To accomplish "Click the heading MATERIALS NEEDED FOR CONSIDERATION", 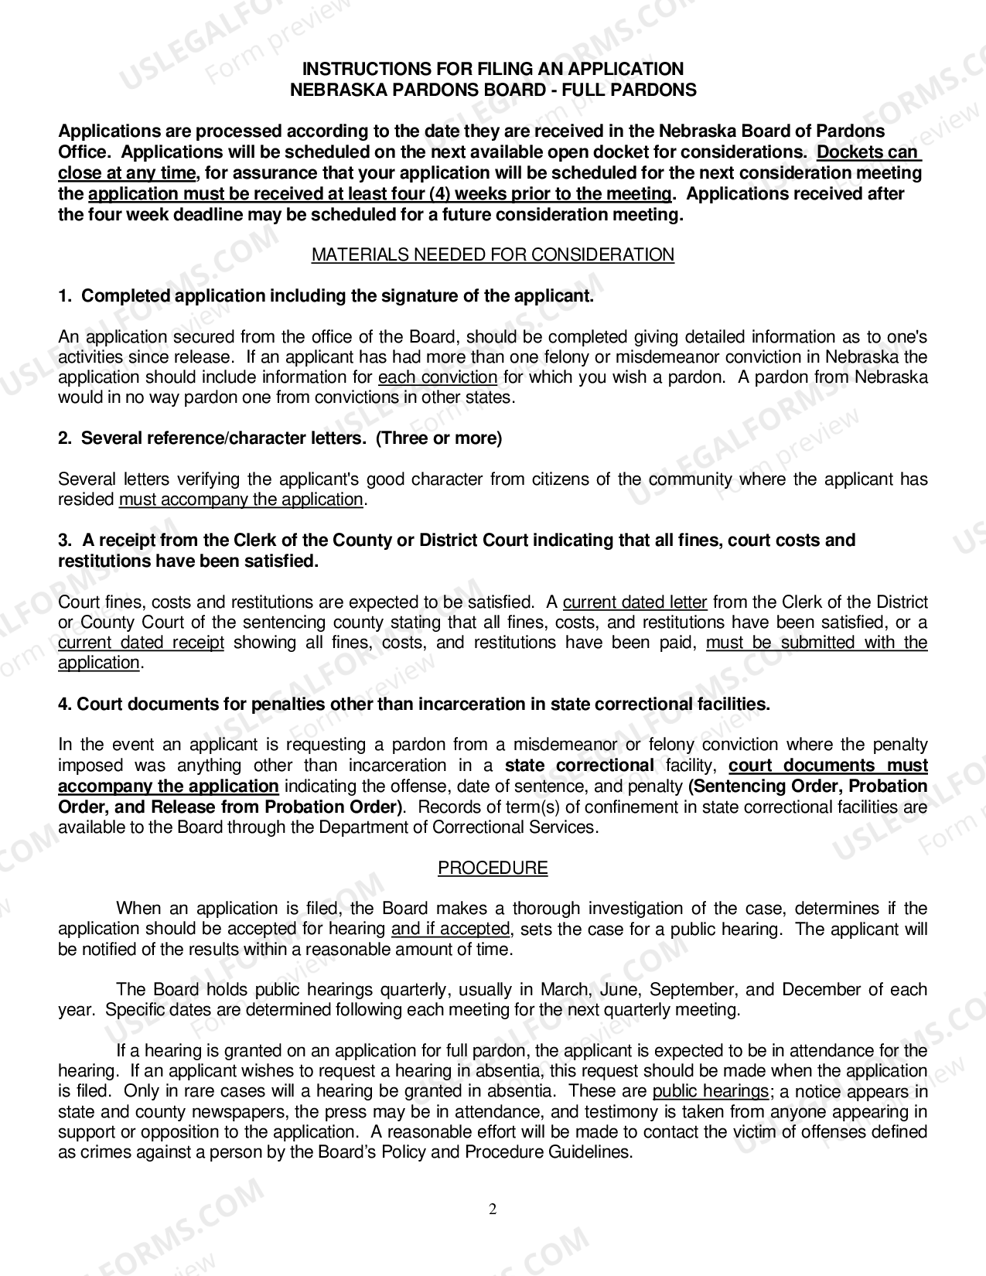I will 493,254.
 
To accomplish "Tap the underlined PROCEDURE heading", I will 493,868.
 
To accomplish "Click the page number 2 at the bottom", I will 493,1209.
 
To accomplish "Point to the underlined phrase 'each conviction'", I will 437,377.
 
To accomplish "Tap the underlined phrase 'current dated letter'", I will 635,602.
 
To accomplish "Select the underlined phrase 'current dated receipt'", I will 141,643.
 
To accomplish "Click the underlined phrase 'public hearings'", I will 710,1091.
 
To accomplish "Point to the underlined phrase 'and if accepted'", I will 451,929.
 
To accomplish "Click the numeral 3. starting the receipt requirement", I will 65,541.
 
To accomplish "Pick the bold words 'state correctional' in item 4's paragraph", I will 579,766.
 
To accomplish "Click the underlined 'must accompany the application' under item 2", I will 241,500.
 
